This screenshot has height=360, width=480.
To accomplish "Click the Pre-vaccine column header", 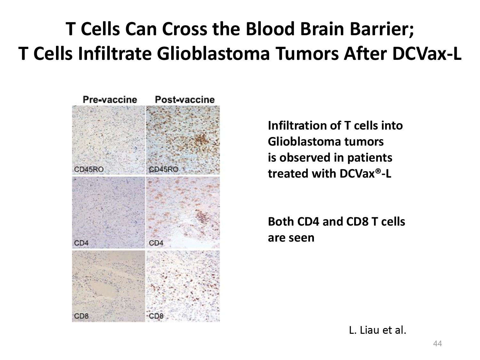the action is point(110,100).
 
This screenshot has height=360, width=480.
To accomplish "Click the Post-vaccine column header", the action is point(185,100).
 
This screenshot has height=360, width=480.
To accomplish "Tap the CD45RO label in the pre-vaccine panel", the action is point(89,169).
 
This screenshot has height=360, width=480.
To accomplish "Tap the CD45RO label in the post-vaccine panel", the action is point(164,169).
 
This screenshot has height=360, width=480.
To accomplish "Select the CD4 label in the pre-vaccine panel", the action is point(81,243).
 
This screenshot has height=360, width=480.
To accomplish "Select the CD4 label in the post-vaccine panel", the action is point(156,243).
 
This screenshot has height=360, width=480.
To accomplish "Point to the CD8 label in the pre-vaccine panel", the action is point(81,316).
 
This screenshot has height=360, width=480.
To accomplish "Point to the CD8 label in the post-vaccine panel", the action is point(156,316).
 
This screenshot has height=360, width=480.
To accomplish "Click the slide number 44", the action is point(437,343).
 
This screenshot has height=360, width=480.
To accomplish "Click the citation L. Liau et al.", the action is point(377,330).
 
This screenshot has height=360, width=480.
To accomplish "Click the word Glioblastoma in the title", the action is point(213,54).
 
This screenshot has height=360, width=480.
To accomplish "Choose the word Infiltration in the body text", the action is point(304,125).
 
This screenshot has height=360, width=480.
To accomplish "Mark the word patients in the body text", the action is point(370,158).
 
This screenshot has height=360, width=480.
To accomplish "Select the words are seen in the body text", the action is point(291,238).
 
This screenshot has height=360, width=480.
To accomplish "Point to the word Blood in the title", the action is point(270,29).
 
